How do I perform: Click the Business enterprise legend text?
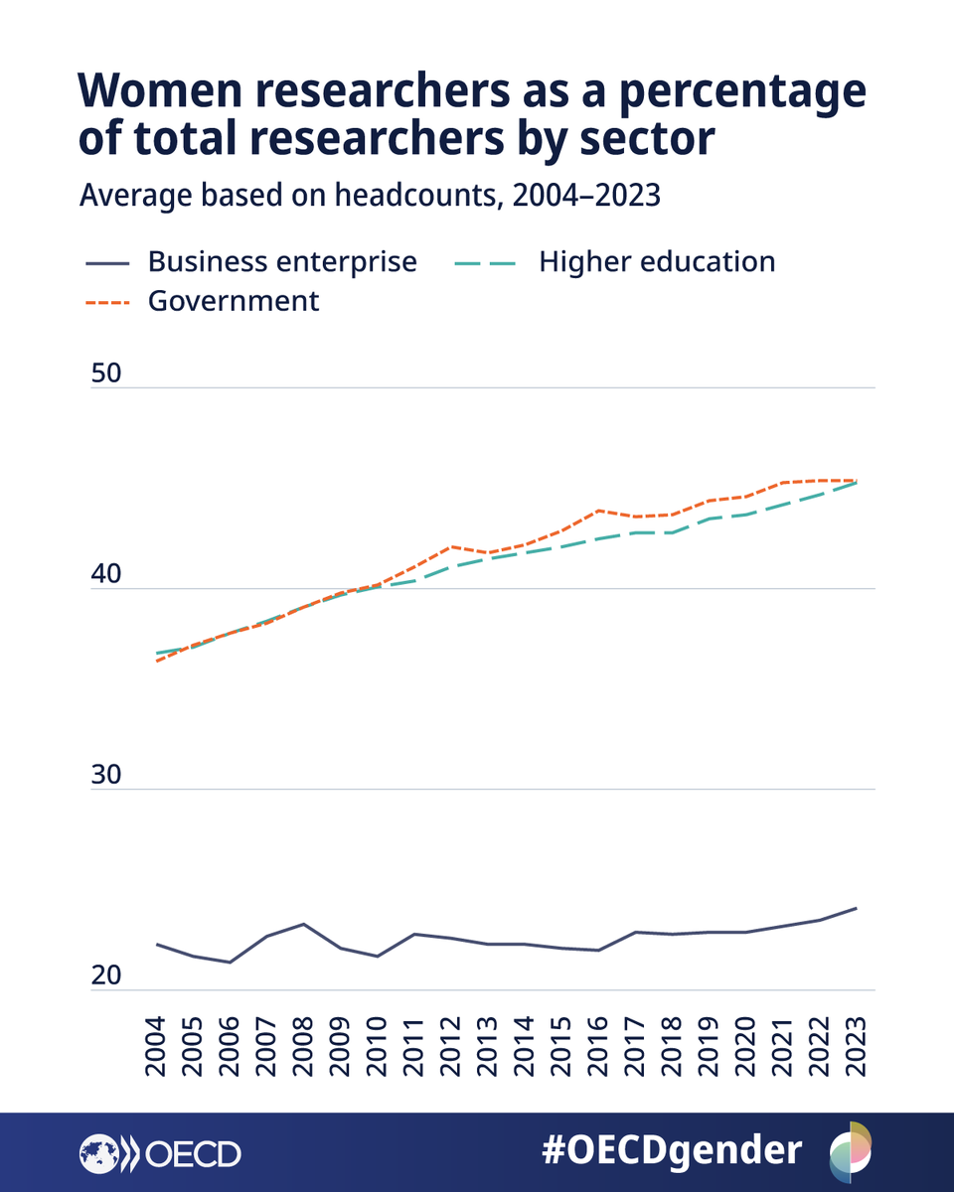[x=282, y=262]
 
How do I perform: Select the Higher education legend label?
[x=657, y=262]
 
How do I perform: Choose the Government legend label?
[x=234, y=301]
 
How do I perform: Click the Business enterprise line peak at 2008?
[x=304, y=924]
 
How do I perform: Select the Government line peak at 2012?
[x=451, y=546]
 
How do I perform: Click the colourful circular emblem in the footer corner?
[x=851, y=1150]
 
